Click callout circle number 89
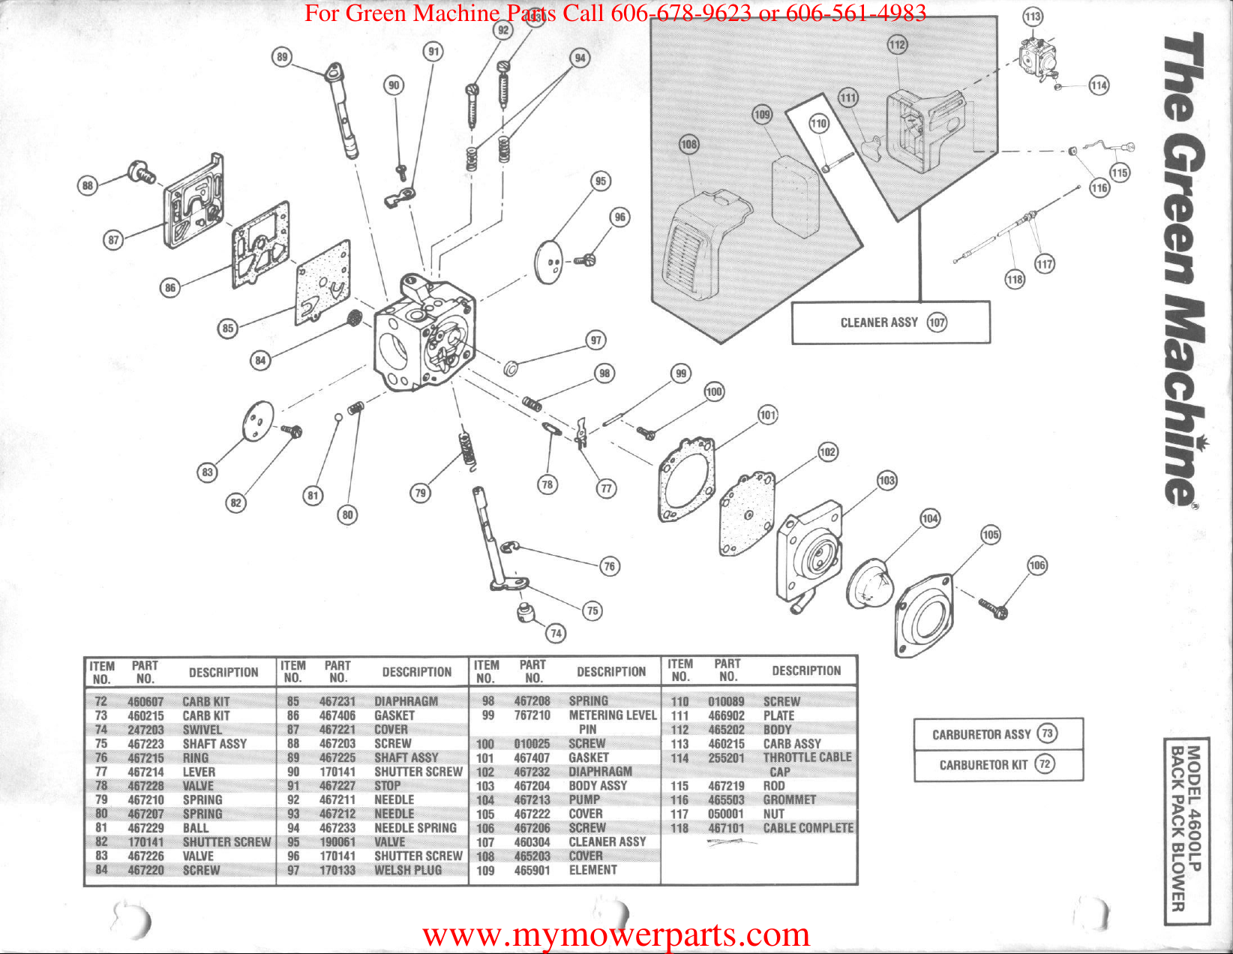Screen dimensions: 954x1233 [x=282, y=57]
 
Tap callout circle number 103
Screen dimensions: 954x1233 [x=886, y=480]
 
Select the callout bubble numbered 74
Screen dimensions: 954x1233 [x=556, y=633]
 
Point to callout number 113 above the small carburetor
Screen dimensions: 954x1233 [x=1033, y=16]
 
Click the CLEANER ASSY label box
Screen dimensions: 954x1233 [x=891, y=322]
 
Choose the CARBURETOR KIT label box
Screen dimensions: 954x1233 [x=997, y=764]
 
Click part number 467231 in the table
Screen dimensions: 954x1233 [x=337, y=701]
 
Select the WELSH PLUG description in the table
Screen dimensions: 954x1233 [x=408, y=870]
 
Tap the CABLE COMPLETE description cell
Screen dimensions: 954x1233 [x=808, y=828]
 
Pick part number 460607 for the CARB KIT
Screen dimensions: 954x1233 [x=145, y=701]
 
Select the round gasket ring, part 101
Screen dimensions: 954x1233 [x=685, y=480]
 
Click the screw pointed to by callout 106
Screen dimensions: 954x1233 [x=994, y=607]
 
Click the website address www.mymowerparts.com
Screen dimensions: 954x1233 [x=616, y=934]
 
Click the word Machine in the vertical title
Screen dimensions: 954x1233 [x=1185, y=397]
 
